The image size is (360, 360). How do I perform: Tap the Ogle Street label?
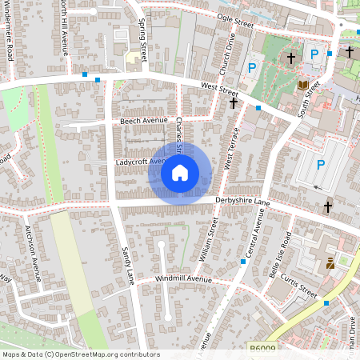pos(234,21)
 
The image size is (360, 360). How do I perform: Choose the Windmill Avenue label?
pos(183,278)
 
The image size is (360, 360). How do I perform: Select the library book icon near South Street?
pos(303,85)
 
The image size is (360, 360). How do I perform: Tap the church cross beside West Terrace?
pos(234,102)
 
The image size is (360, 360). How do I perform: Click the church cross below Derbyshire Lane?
pos(327,207)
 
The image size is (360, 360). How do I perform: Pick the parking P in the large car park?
pos(321,165)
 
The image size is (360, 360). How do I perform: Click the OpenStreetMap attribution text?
pos(80,354)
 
